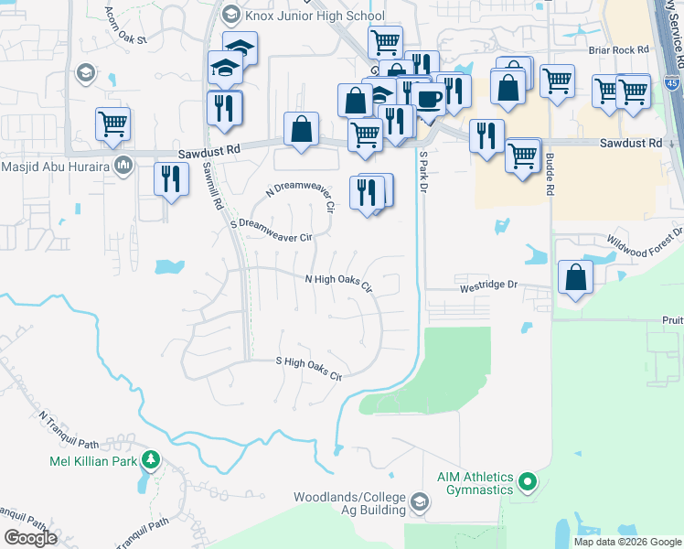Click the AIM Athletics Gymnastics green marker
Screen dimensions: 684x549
click(527, 479)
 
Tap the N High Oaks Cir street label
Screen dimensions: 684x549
click(338, 283)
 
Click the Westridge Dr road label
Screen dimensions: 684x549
click(488, 285)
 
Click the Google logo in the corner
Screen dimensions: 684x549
click(30, 538)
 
